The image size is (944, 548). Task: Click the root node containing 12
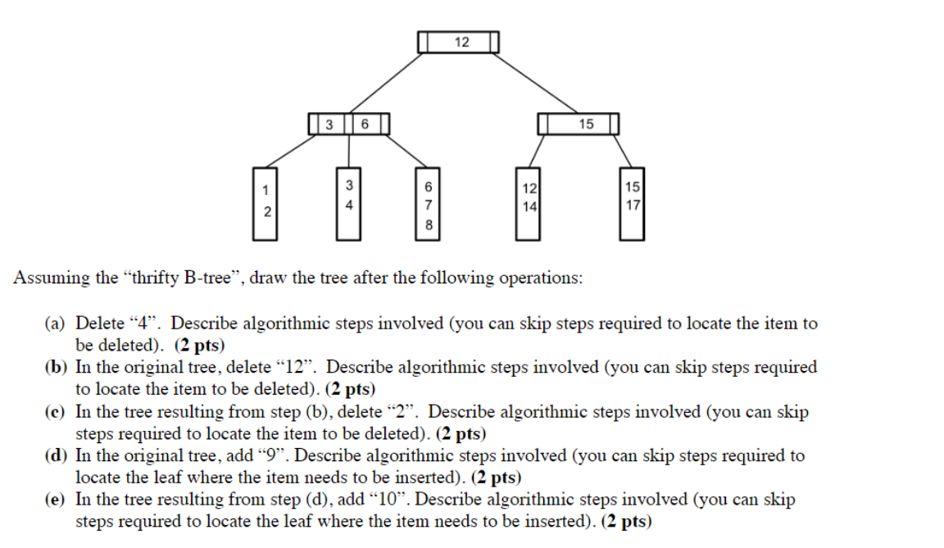click(x=458, y=42)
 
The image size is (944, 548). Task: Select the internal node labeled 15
click(x=578, y=125)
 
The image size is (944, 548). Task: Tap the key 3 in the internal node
click(x=329, y=125)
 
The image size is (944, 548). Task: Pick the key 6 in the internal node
click(x=365, y=125)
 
